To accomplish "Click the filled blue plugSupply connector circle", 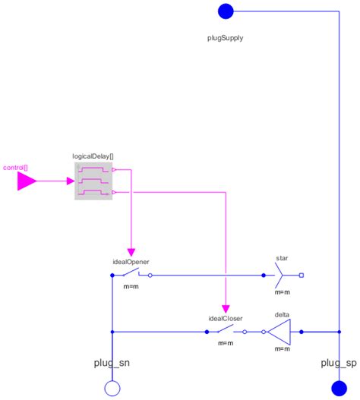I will click(226, 11).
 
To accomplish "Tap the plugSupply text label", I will click(226, 36).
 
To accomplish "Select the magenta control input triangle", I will click(27, 181).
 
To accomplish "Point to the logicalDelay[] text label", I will click(93, 156).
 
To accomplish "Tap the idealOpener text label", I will click(131, 260).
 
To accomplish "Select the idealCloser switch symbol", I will click(226, 332).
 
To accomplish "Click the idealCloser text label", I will click(225, 318).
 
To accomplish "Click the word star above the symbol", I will click(282, 258).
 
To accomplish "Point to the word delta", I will click(282, 314).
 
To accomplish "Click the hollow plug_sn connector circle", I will click(112, 389).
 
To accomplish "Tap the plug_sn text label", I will click(112, 364).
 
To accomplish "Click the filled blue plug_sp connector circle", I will click(338, 389).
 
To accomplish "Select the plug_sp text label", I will click(338, 364).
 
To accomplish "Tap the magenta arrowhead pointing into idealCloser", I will click(226, 307).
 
